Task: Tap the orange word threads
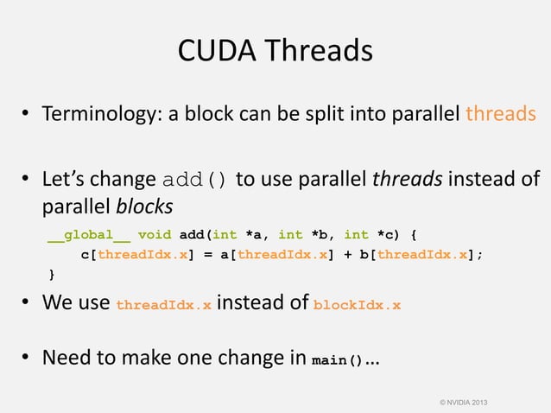click(x=501, y=115)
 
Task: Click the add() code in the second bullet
click(x=196, y=181)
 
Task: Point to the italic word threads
click(x=402, y=181)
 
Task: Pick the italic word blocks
click(x=144, y=207)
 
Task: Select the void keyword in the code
click(x=154, y=234)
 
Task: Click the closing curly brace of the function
click(x=50, y=275)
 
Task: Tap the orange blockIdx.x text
click(x=357, y=305)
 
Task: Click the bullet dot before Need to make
click(x=28, y=358)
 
